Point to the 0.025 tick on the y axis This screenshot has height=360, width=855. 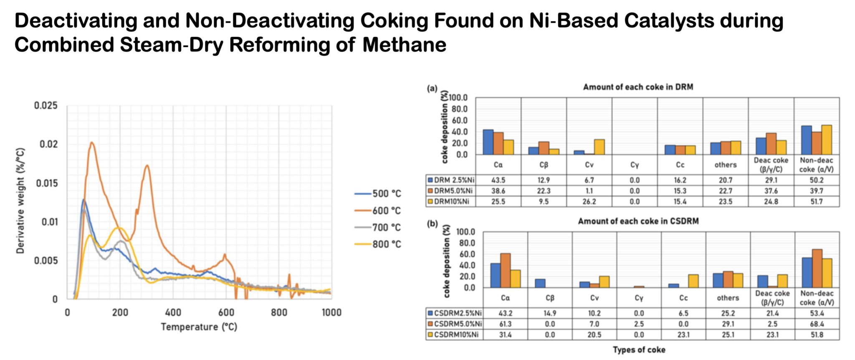pos(46,106)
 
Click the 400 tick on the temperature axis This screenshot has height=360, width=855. pos(173,312)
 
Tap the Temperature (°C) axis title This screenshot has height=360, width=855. pos(199,327)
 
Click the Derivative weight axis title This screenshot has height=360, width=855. pos(20,200)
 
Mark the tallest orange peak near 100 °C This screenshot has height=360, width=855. pos(92,143)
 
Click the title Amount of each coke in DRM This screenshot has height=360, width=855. pos(638,87)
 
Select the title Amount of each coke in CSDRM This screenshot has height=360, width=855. pos(638,221)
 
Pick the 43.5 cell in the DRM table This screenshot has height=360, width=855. pos(498,180)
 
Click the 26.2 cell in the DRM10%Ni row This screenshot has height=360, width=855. pos(589,202)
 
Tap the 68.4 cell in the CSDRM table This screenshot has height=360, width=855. pos(817,324)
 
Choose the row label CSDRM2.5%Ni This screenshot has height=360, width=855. pos(455,313)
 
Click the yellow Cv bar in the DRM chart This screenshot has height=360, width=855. pos(599,147)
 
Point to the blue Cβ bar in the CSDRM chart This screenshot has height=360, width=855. pos(540,283)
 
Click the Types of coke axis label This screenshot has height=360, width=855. pos(639,350)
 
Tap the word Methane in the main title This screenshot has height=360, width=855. pos(404,45)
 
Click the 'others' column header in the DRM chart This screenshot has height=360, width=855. pos(725,165)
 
